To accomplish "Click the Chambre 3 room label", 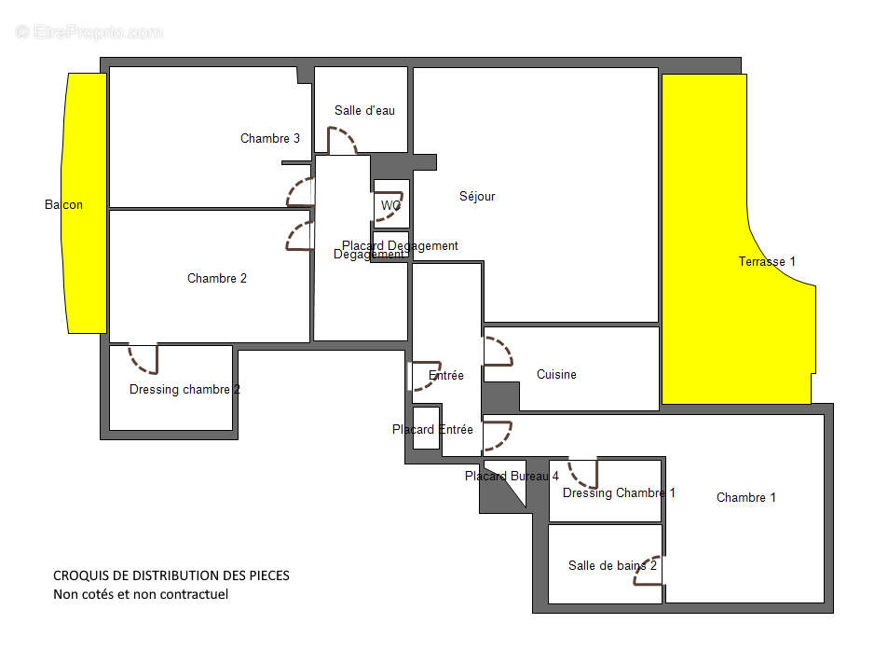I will pyautogui.click(x=270, y=139).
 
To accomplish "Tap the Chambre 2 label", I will pyautogui.click(x=217, y=278).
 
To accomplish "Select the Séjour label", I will pyautogui.click(x=477, y=197).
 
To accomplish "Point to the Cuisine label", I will pyautogui.click(x=556, y=375).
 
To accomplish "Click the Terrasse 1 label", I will pyautogui.click(x=767, y=262).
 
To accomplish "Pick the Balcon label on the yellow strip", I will pyautogui.click(x=63, y=205).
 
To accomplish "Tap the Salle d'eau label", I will pyautogui.click(x=364, y=111).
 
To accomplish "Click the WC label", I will pyautogui.click(x=390, y=205).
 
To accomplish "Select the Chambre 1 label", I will pyautogui.click(x=745, y=498).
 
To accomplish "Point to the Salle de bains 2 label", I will pyautogui.click(x=612, y=565).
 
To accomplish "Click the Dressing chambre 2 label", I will pyautogui.click(x=184, y=390).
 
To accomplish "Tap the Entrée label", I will pyautogui.click(x=446, y=376).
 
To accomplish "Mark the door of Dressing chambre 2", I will pyautogui.click(x=143, y=360).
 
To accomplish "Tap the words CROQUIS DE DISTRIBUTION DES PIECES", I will pyautogui.click(x=171, y=575).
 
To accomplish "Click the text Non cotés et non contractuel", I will pyautogui.click(x=141, y=594).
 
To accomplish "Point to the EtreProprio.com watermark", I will pyautogui.click(x=89, y=32).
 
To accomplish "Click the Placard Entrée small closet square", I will pyautogui.click(x=426, y=428).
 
